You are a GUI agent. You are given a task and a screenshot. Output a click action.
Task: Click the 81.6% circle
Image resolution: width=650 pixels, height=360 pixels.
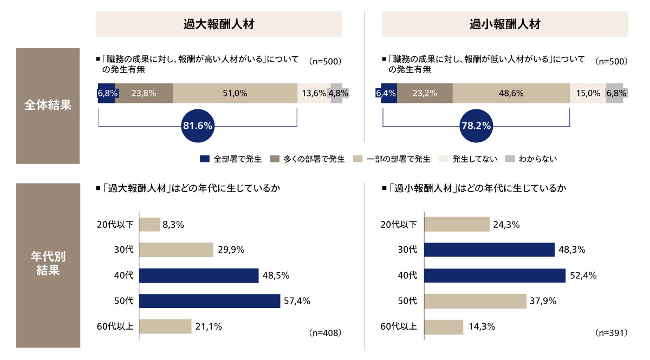coord(198,126)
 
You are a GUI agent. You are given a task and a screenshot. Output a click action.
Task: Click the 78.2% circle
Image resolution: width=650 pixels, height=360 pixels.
coord(476,126)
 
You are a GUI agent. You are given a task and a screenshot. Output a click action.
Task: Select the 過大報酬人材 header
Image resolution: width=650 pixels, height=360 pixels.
coord(219,24)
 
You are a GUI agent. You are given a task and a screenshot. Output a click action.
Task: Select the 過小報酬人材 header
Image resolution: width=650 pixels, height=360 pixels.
coord(505,24)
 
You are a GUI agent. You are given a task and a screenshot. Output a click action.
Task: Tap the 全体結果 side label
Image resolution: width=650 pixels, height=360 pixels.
coord(48,106)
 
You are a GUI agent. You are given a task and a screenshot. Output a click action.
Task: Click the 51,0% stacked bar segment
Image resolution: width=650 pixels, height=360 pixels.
coord(235,93)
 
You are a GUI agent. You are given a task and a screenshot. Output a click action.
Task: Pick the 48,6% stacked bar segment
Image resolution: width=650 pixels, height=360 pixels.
coord(511,93)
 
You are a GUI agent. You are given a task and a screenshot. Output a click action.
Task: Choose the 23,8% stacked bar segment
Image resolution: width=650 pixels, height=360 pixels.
coord(144,93)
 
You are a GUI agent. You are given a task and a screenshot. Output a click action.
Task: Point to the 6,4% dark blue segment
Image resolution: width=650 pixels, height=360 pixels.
coord(386,93)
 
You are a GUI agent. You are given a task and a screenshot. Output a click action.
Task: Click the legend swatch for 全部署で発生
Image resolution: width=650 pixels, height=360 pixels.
coord(204,159)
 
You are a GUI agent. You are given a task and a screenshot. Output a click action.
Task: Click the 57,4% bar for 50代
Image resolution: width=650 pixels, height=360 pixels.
coord(210,301)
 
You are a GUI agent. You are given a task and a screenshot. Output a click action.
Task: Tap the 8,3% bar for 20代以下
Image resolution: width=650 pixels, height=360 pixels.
coord(149,225)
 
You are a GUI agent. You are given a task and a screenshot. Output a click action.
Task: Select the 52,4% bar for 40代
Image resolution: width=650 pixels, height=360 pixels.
coord(495,276)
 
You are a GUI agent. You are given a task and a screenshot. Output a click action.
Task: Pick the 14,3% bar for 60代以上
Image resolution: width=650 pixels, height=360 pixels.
coord(444,326)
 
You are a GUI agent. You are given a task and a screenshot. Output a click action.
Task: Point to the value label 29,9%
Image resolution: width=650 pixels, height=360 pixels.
coord(231,250)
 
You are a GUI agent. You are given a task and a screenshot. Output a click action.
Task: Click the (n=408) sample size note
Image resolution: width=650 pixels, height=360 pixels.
coord(324,332)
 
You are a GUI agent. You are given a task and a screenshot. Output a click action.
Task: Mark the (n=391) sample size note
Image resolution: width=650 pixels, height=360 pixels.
coord(611,332)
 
